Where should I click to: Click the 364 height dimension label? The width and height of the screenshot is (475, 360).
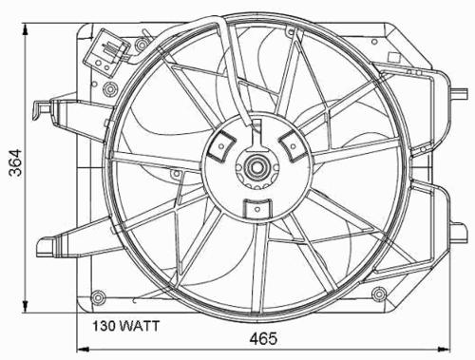tap(15, 162)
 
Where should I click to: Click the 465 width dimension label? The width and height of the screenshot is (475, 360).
tap(263, 338)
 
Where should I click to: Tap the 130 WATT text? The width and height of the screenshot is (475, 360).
tap(125, 326)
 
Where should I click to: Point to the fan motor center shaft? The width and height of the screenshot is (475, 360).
tap(256, 167)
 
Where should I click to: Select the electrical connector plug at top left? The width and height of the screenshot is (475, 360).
tap(105, 53)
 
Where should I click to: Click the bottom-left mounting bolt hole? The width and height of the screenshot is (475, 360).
tap(98, 296)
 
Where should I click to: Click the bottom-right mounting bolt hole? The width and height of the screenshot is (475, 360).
tap(379, 294)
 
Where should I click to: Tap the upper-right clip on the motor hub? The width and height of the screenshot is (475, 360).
tap(293, 145)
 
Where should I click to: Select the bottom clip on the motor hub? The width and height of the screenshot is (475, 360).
tap(257, 209)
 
